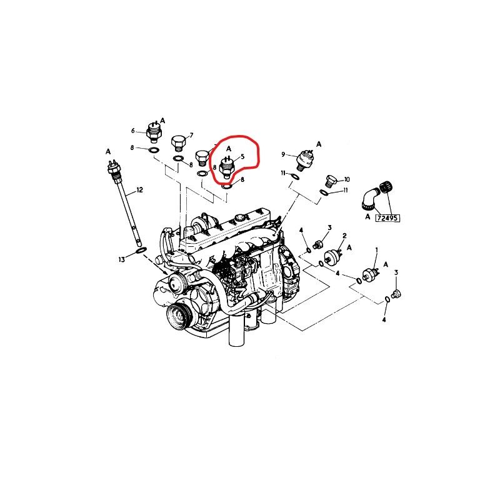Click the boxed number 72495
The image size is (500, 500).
tap(387, 218)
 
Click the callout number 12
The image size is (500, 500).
tap(139, 190)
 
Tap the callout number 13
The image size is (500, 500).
tap(122, 260)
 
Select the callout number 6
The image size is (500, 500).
tap(133, 131)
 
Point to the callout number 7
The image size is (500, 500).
tap(191, 136)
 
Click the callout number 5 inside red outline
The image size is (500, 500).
tap(242, 157)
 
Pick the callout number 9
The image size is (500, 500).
tap(283, 154)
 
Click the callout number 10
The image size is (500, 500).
tap(347, 179)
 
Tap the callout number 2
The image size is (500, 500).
tap(344, 236)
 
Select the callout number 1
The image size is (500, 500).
tap(377, 249)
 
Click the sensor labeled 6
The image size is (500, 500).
tap(154, 132)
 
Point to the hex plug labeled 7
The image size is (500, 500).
tap(178, 144)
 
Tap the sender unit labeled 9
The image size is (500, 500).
tap(304, 159)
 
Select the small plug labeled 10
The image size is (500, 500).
tap(331, 181)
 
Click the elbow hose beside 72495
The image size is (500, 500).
tap(370, 199)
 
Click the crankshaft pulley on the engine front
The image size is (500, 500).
tap(179, 317)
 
